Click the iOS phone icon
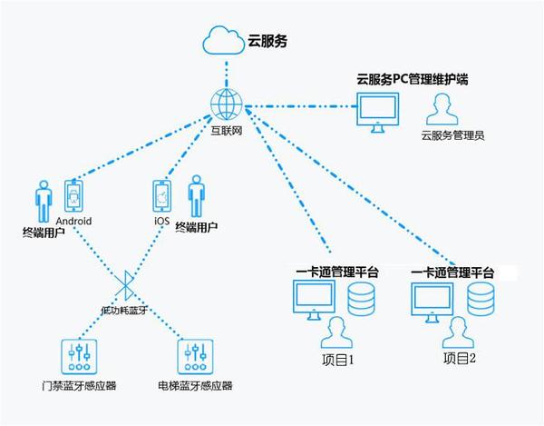point(162,196)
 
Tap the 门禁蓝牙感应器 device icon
point(78,355)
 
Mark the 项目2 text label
point(460,360)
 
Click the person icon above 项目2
point(458,331)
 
